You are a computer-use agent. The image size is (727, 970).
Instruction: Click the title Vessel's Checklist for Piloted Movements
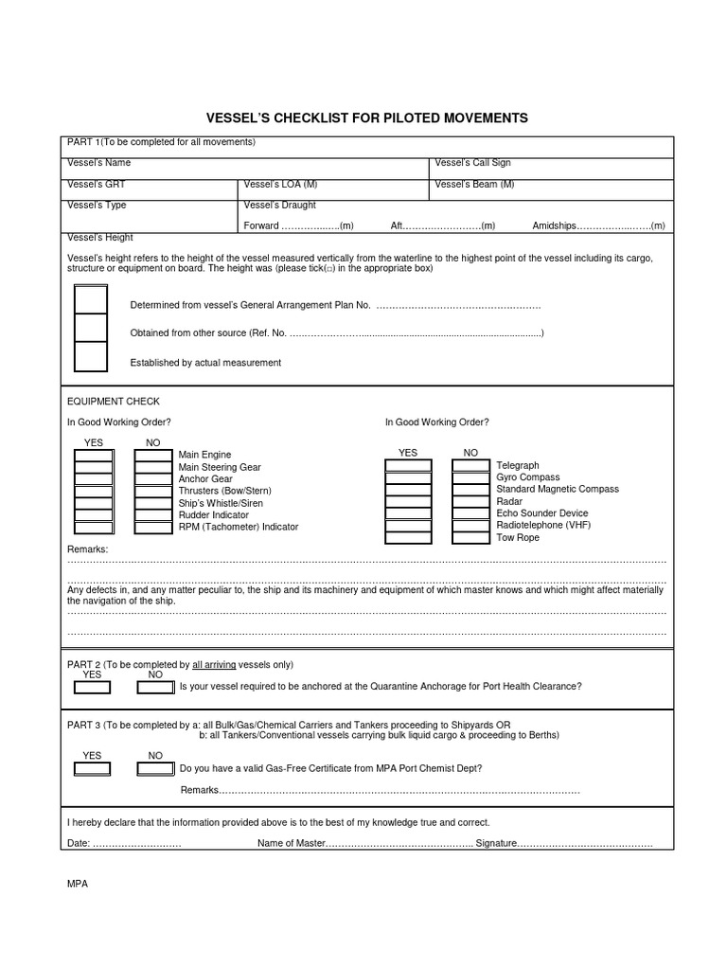(x=367, y=118)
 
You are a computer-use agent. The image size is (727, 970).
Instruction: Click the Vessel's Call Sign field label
(x=472, y=163)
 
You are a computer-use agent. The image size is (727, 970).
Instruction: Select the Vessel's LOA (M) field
(x=280, y=184)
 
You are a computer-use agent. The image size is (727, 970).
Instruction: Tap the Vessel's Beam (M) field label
(x=475, y=184)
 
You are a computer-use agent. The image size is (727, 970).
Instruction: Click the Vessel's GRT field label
(x=96, y=184)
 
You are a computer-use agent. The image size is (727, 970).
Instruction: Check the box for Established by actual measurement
(x=91, y=356)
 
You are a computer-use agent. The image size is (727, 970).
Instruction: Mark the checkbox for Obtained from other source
(x=91, y=327)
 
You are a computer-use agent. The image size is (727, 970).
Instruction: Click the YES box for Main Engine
(x=94, y=456)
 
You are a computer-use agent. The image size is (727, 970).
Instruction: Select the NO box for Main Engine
(x=153, y=456)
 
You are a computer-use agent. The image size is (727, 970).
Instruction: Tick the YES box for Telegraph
(x=408, y=466)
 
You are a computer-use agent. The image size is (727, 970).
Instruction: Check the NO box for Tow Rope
(x=470, y=537)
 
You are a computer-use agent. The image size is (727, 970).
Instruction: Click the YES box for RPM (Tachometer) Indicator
(x=94, y=527)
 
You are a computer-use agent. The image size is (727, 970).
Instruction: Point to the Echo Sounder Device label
(x=541, y=513)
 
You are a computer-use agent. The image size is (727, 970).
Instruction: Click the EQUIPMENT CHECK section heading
(x=113, y=402)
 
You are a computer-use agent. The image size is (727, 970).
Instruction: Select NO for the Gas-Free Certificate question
(x=155, y=768)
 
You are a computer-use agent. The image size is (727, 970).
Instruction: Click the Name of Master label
(x=291, y=843)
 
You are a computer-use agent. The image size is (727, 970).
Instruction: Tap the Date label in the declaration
(x=79, y=843)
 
